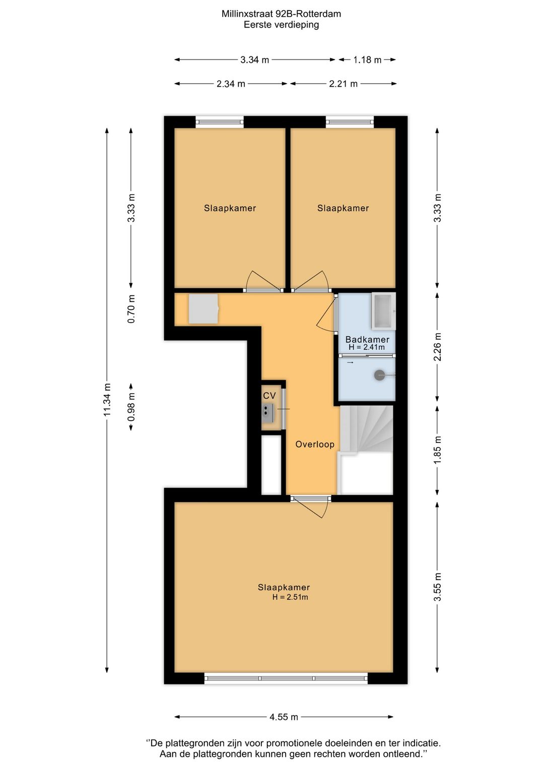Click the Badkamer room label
tap(367, 339)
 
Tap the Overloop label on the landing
tap(314, 444)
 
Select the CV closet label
tap(269, 396)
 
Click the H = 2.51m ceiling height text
tap(290, 597)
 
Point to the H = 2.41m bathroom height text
tap(367, 347)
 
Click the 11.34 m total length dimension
tap(107, 400)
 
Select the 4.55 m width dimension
tap(284, 717)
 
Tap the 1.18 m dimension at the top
tap(367, 59)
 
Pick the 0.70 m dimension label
tap(131, 309)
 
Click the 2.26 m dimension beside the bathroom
tap(437, 347)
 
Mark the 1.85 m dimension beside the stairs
tap(437, 450)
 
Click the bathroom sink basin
tap(383, 310)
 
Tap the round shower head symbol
tap(380, 375)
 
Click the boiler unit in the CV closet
tap(268, 412)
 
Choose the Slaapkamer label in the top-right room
tap(343, 208)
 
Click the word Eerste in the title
tap(257, 25)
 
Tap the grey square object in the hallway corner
tap(203, 309)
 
